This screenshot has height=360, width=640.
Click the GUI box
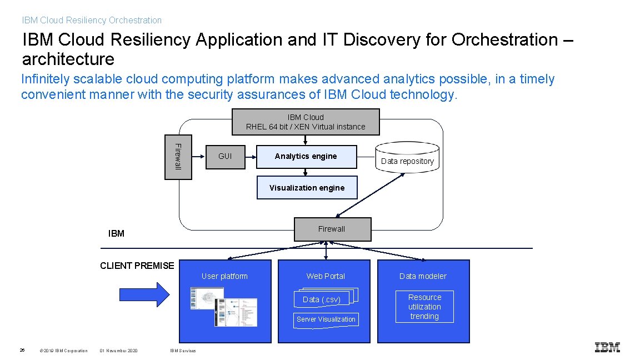tap(225, 156)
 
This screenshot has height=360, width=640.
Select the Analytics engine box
tap(306, 156)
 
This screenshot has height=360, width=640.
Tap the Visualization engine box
tap(307, 188)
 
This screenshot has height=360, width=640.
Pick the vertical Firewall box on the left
tap(178, 157)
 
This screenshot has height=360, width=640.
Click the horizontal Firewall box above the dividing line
tap(332, 229)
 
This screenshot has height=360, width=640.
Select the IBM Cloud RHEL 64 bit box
tap(306, 122)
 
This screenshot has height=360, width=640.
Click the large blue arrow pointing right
tap(144, 294)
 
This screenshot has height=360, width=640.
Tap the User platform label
tap(224, 276)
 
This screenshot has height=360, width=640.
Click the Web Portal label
tap(326, 276)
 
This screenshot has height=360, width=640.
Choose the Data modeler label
tap(423, 276)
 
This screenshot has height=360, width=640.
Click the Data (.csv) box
tap(322, 299)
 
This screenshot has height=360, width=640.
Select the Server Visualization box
tap(326, 319)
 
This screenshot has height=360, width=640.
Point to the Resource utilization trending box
tap(424, 307)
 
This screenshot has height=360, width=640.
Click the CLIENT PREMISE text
tap(137, 266)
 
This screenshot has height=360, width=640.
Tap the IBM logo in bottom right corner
tap(607, 347)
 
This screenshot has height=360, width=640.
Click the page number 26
tap(22, 350)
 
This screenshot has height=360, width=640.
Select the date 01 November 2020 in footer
tap(119, 351)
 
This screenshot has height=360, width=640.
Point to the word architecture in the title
tap(68, 59)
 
